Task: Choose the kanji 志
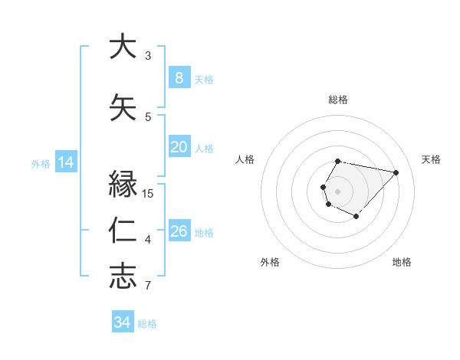tap(123, 277)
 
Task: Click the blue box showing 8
tap(179, 77)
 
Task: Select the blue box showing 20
tap(179, 147)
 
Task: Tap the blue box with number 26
tap(179, 231)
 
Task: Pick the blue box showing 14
tap(65, 162)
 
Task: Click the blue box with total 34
tap(123, 322)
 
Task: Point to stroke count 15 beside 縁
tap(148, 193)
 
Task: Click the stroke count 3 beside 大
tap(148, 55)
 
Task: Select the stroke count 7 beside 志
tap(148, 286)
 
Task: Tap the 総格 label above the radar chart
tap(338, 100)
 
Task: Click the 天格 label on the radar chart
tap(431, 159)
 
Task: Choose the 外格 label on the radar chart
tap(270, 262)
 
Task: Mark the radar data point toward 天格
tap(396, 172)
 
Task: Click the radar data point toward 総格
tap(338, 161)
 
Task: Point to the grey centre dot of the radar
tap(337, 191)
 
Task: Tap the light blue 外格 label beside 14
tap(40, 163)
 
